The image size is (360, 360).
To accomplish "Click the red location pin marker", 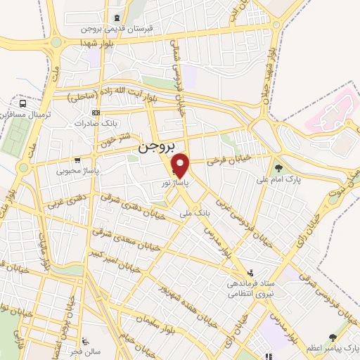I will (x=181, y=166).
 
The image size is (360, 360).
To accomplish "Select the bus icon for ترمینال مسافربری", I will (x=24, y=103).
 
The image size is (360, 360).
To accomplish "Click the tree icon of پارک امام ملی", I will (x=280, y=167).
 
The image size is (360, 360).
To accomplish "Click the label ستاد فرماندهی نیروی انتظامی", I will (x=251, y=288).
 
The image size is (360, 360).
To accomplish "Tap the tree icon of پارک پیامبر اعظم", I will (x=332, y=338).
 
